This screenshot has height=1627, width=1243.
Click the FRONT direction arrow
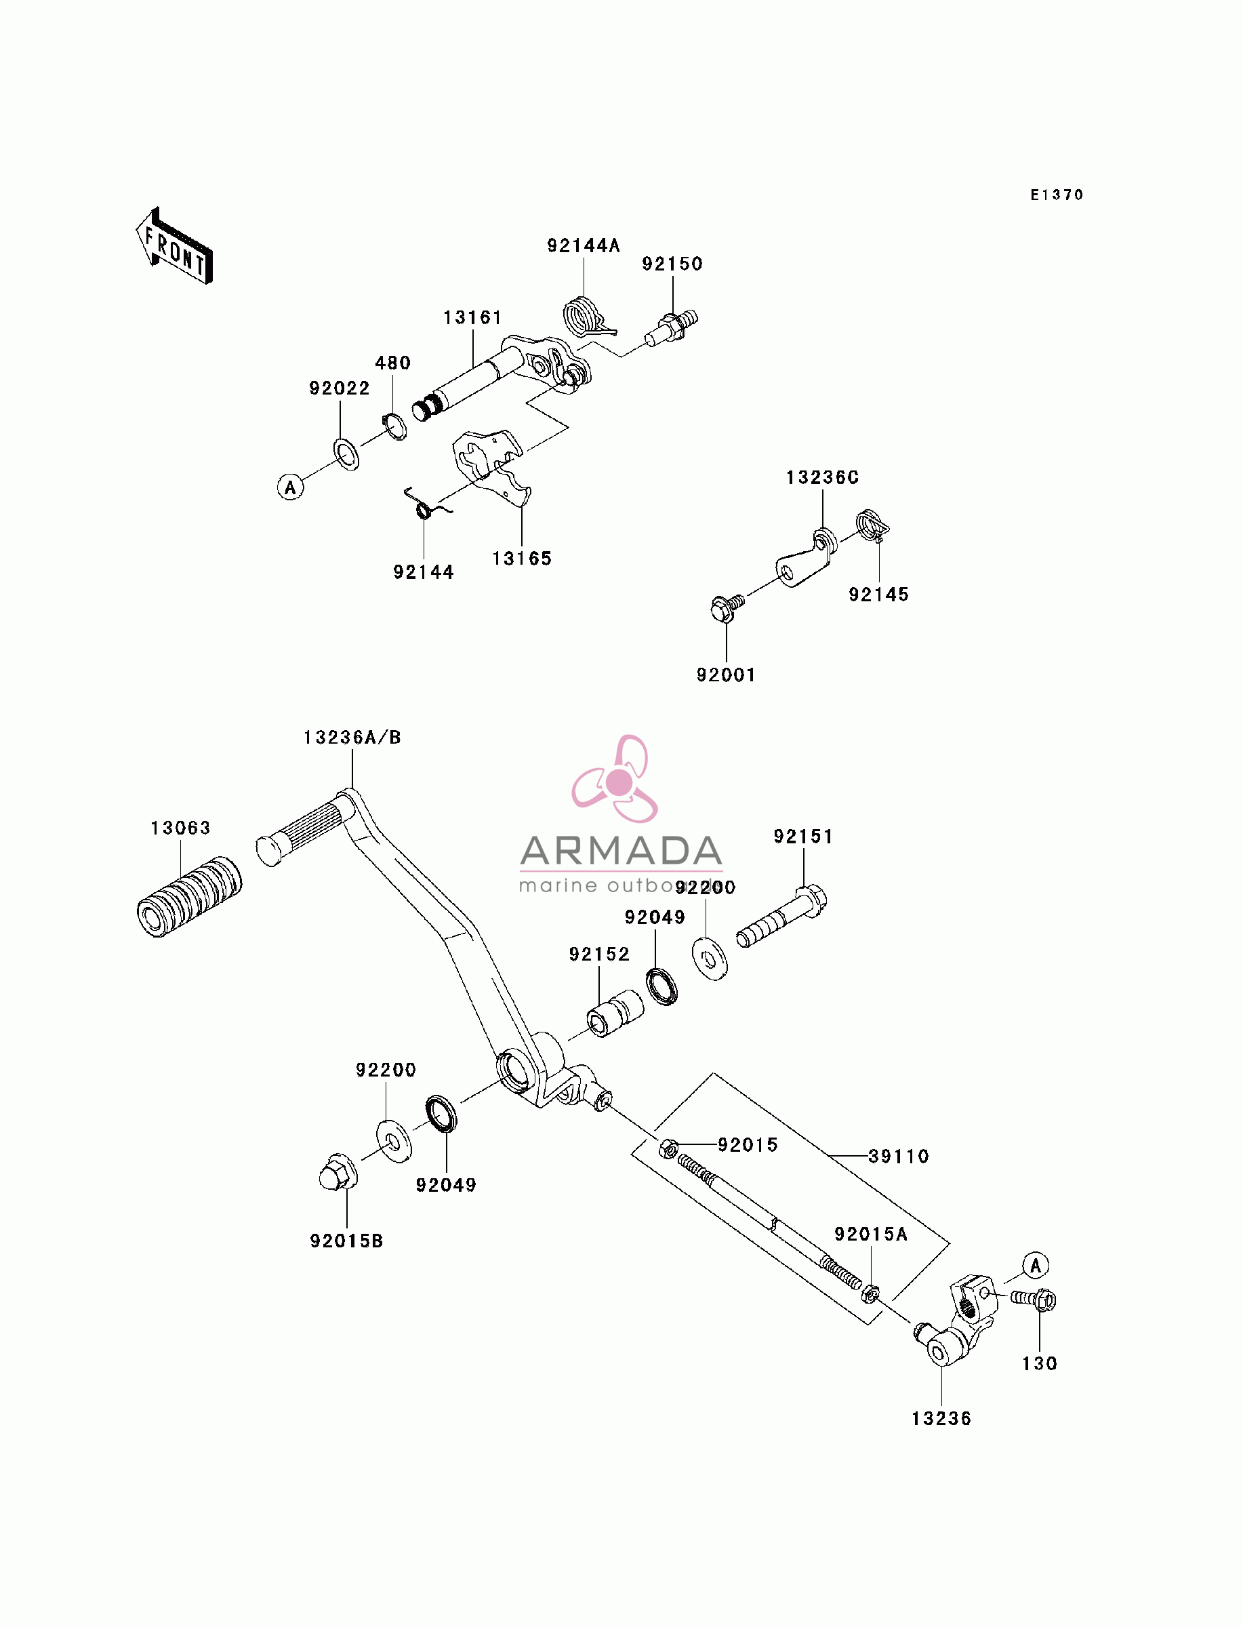(175, 246)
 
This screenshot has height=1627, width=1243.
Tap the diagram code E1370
(1057, 195)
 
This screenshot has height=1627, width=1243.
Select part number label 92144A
(583, 245)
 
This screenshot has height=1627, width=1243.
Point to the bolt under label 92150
(672, 326)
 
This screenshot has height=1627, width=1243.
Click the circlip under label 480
(394, 428)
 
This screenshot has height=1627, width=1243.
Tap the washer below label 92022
(346, 454)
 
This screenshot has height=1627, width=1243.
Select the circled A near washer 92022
(290, 487)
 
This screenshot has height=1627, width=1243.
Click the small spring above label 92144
(426, 505)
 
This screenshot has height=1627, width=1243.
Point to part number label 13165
(522, 559)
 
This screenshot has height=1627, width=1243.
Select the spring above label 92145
(872, 525)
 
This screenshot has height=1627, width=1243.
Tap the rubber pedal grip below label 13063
(189, 897)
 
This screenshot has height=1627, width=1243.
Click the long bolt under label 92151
(781, 917)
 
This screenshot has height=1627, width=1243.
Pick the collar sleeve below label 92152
(615, 1013)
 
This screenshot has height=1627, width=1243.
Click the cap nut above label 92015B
(338, 1172)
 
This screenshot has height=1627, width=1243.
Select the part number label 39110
(898, 1157)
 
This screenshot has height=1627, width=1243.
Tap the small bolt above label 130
(1034, 1300)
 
